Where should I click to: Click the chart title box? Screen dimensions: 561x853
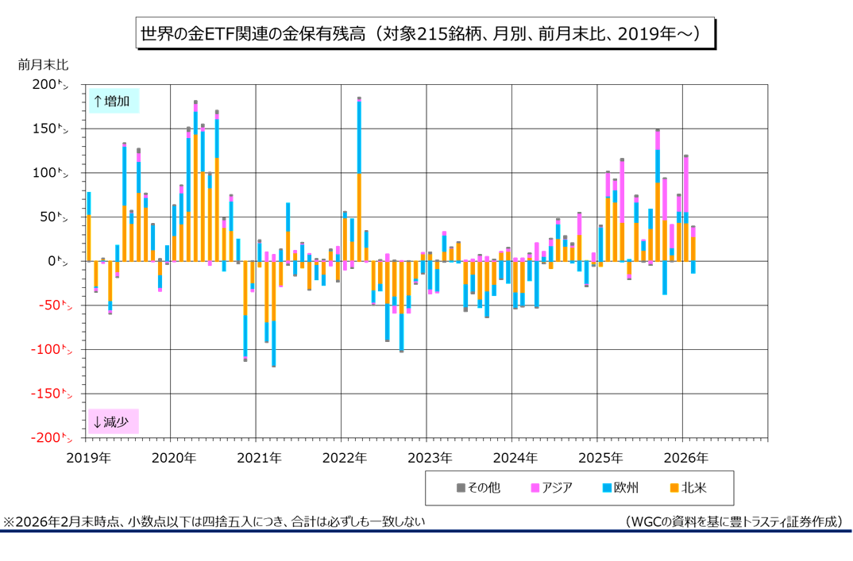point(426,33)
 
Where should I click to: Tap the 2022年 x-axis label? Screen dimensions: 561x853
point(345,458)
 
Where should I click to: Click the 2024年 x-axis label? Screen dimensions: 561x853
point(515,458)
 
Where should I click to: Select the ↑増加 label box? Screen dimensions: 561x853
point(114,101)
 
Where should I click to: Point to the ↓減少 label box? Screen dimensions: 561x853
point(114,421)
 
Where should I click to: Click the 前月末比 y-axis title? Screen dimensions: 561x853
point(43,64)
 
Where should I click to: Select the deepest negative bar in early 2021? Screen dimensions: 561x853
point(273,309)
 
